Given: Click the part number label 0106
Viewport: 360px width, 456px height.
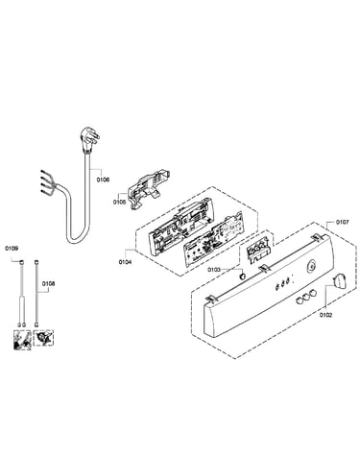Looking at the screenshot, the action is [103, 180].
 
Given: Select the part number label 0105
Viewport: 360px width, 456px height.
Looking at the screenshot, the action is [119, 203].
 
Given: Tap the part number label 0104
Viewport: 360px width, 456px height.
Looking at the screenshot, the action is [125, 262].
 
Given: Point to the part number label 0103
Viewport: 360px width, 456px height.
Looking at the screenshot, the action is [214, 270].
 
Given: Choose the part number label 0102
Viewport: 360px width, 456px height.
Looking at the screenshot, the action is [325, 315].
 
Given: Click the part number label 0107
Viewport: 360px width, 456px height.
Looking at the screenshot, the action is [343, 222].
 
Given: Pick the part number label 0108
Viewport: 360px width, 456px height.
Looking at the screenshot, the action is [48, 283].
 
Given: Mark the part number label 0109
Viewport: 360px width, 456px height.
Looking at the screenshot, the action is [12, 249].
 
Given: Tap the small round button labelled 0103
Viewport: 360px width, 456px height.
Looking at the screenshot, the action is [244, 276].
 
